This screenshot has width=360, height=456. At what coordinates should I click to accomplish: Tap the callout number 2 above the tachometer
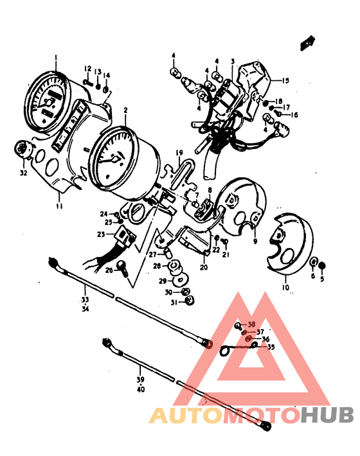[125, 110]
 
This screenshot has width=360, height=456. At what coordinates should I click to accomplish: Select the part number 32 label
[24, 173]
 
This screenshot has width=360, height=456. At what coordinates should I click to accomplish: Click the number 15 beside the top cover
[285, 81]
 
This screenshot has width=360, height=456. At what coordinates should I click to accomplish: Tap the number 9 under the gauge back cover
[255, 242]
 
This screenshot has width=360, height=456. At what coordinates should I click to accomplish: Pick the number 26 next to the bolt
[109, 270]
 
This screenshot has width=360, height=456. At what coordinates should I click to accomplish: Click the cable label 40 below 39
[141, 389]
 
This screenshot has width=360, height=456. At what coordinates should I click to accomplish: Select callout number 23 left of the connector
[101, 234]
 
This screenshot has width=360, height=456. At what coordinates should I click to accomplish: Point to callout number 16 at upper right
[295, 115]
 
